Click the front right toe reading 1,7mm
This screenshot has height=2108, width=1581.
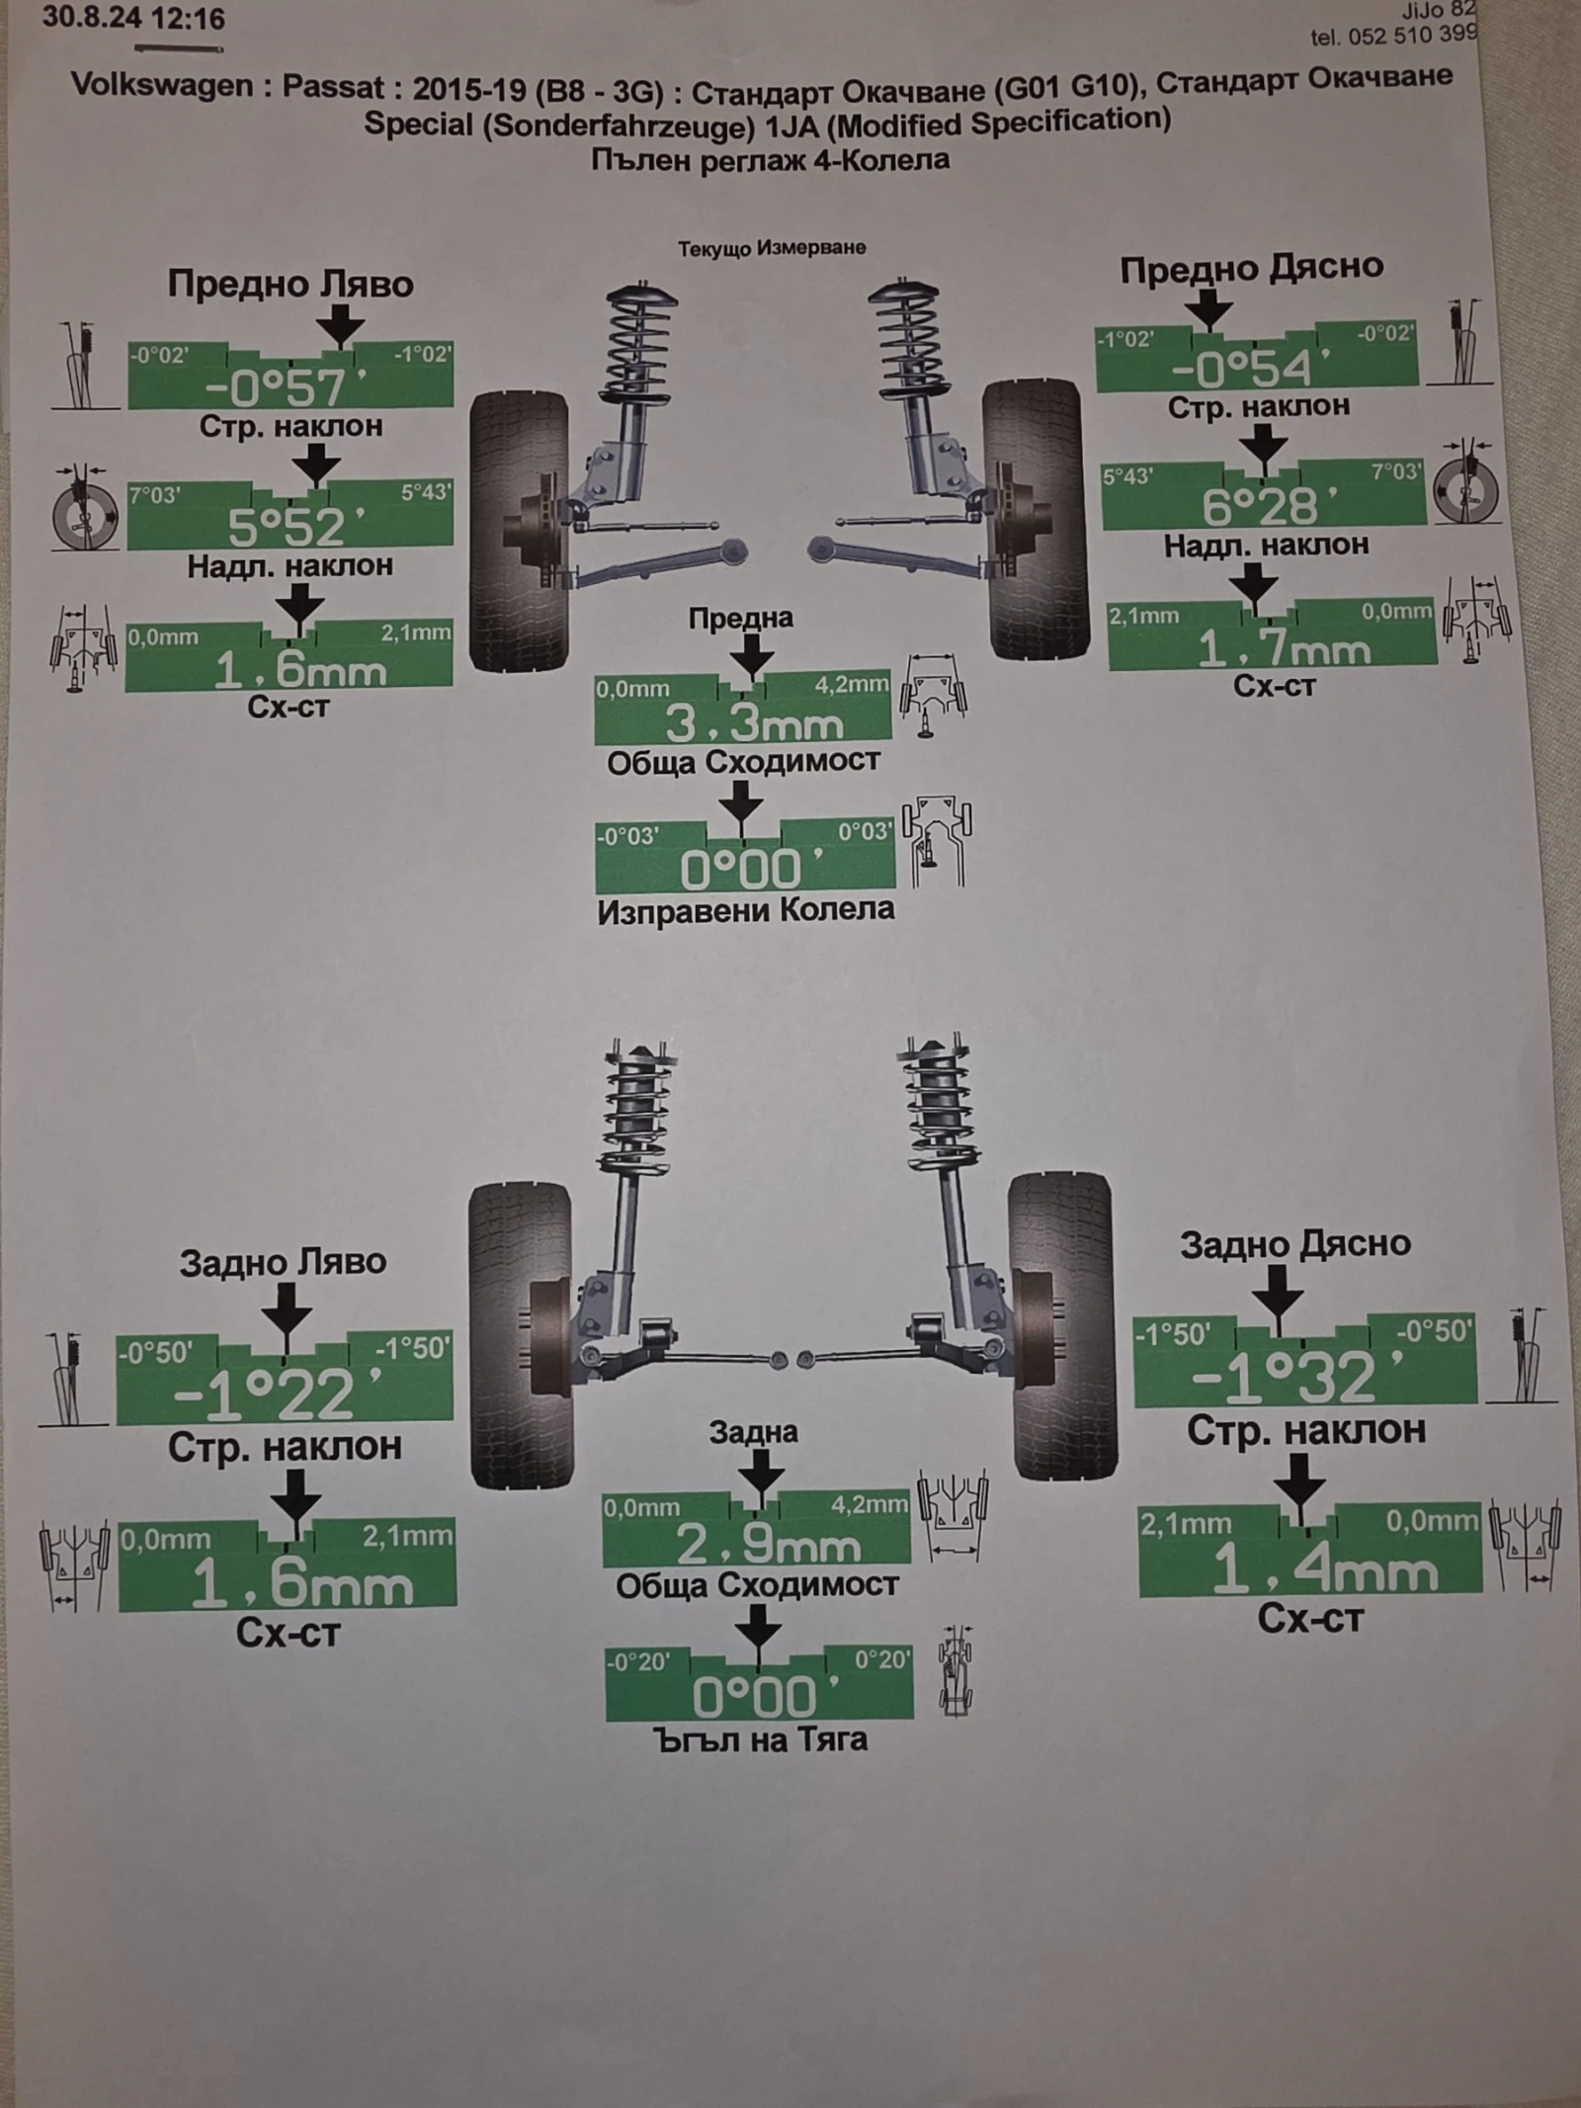coord(1284,649)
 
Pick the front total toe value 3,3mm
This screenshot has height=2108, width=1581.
coord(754,722)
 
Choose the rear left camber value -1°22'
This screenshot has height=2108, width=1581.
coord(277,1393)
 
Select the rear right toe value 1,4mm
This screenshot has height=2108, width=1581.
coord(1324,1568)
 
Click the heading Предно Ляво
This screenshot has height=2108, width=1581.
coord(291,285)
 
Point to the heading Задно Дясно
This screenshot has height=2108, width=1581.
coord(1295,1244)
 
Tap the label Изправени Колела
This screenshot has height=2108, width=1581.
coord(746,909)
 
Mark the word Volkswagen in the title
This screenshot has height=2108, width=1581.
coord(162,85)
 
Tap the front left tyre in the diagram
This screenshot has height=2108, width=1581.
coord(518,531)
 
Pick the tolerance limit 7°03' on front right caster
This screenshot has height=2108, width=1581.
coord(1396,471)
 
